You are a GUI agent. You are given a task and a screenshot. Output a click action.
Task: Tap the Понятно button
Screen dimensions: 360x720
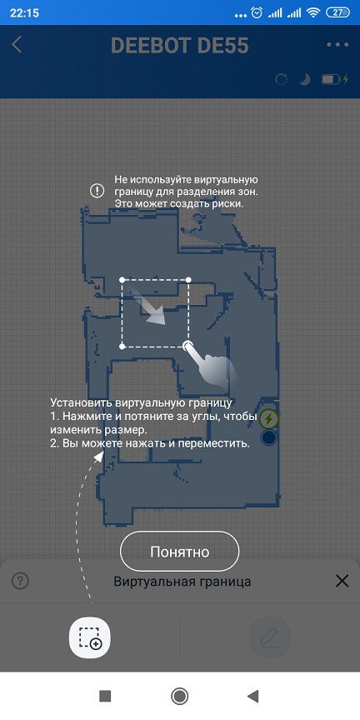tap(179, 551)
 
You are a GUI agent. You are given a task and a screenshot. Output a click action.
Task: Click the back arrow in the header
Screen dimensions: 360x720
tap(17, 45)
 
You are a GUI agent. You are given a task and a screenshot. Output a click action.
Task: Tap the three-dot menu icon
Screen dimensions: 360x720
tap(338, 45)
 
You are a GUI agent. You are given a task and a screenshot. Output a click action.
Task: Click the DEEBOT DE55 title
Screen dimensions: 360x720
tap(179, 46)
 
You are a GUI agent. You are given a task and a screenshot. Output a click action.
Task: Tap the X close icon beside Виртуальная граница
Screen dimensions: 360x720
tap(342, 581)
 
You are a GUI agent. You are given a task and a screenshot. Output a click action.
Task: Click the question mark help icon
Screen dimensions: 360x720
tap(20, 581)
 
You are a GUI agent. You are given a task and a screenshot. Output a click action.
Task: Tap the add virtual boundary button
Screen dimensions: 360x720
tap(89, 637)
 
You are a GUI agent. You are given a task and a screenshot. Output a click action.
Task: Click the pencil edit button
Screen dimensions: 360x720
tap(269, 637)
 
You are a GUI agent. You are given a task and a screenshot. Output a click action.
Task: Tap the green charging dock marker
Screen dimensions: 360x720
tap(269, 419)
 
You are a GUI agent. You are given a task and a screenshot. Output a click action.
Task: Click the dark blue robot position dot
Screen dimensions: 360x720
tap(268, 437)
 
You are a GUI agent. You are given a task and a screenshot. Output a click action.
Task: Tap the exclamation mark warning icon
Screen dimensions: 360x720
tap(97, 191)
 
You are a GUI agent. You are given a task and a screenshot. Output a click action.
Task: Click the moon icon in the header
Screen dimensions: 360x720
tap(305, 80)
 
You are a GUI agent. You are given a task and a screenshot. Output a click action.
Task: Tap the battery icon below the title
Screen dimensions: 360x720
tap(332, 80)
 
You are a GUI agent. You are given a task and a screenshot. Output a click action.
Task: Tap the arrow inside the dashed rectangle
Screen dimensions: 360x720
tap(149, 305)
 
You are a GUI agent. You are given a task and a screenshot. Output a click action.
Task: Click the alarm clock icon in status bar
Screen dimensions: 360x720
tap(257, 12)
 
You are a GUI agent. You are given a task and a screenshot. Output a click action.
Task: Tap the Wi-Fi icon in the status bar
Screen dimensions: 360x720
tap(313, 12)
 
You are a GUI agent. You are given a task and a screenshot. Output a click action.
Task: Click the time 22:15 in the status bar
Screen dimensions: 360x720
tap(23, 12)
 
